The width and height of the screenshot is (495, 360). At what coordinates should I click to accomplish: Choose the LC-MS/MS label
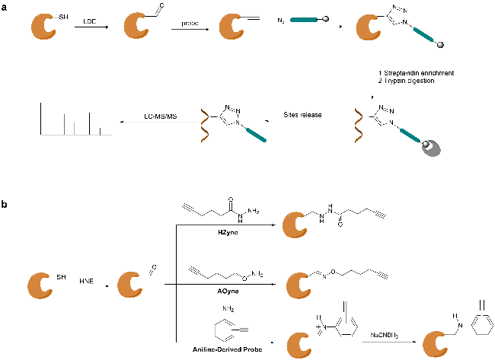click(x=161, y=115)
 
